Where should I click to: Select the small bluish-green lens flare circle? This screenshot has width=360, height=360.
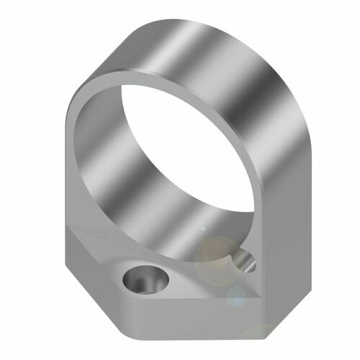pos(236,295)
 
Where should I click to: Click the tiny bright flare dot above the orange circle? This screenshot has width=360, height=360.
pos(204,229)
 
